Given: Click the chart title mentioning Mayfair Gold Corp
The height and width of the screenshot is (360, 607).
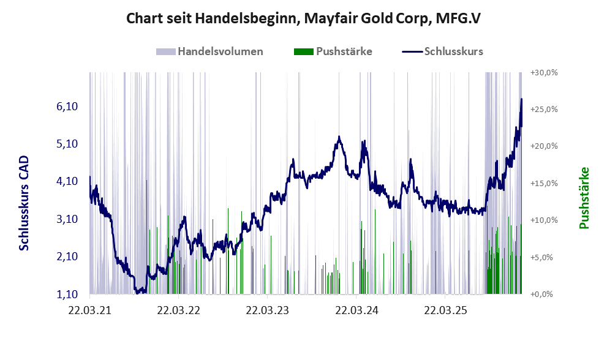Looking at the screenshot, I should (303, 19).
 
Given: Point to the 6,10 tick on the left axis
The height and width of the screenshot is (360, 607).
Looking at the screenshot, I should (67, 107).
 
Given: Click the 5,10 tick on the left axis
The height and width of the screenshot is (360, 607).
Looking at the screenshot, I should (67, 144).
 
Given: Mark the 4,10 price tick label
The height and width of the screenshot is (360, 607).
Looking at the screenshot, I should (67, 181).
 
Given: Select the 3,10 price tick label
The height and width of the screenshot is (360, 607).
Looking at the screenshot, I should (67, 219).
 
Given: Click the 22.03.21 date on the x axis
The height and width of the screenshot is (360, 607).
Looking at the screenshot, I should (90, 310).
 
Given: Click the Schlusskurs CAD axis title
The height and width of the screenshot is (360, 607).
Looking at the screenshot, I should (24, 203).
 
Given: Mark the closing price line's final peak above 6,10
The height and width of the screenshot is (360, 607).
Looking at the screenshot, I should (521, 99).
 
